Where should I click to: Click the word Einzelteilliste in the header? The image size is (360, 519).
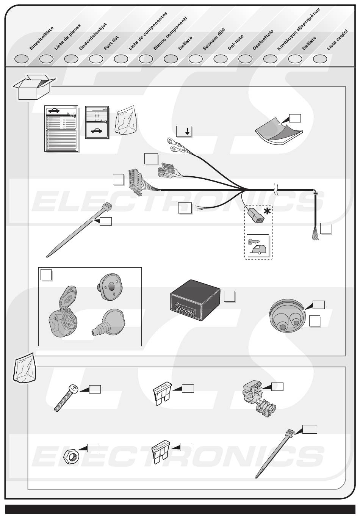coord(42,38)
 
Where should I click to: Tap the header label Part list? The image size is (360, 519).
coord(111,43)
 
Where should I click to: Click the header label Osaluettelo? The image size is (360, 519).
coord(263,40)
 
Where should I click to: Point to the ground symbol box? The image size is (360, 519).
coord(184,132)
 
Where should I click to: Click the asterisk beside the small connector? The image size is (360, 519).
coord(267,211)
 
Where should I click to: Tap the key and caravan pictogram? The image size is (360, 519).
coord(258,245)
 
